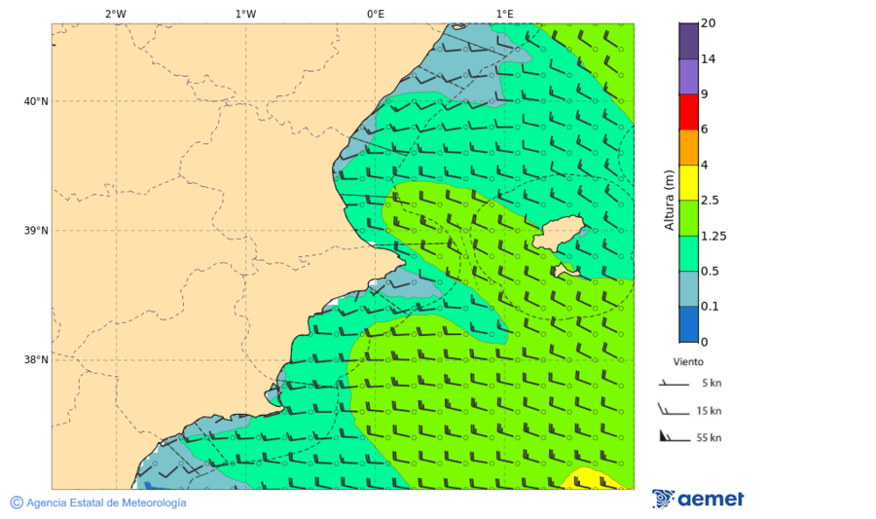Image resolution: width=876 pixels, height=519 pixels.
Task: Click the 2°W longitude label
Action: click(115, 14)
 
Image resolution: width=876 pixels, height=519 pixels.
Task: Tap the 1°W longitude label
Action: click(245, 14)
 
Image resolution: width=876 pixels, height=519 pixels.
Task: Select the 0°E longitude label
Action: click(375, 14)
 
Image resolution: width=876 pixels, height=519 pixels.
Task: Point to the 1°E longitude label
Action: click(504, 14)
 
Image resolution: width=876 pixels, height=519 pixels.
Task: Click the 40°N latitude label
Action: click(36, 101)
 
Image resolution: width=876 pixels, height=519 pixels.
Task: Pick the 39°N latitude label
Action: click(36, 231)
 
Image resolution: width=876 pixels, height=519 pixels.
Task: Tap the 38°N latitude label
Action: click(36, 360)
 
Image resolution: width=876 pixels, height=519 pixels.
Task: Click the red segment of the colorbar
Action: click(688, 112)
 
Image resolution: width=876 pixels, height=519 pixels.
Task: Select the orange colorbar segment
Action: click(688, 147)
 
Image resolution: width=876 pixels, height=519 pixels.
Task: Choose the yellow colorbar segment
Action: click(688, 182)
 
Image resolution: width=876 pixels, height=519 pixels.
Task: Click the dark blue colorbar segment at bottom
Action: click(688, 323)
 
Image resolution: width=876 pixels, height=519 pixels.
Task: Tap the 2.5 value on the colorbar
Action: click(712, 201)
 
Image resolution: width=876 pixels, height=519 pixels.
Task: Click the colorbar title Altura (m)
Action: click(669, 200)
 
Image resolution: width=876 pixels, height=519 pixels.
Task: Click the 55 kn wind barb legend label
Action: click(709, 438)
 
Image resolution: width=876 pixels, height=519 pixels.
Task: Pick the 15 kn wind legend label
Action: click(709, 411)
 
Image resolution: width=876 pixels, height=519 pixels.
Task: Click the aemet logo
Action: click(698, 500)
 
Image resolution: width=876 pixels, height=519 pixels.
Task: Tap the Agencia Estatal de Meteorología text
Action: click(105, 502)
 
